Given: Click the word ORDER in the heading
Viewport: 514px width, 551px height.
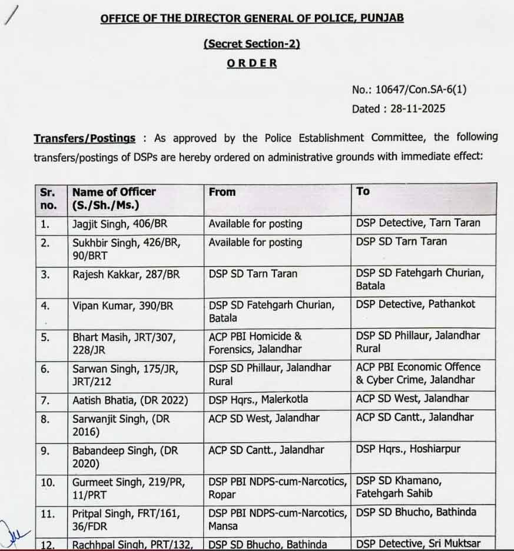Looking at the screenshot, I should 252,64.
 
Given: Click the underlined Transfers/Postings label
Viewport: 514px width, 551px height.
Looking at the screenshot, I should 84,139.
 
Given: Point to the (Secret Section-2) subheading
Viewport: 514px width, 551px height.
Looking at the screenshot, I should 251,44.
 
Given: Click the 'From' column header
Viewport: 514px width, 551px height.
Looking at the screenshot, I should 222,192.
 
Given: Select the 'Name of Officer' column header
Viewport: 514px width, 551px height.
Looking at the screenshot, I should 114,192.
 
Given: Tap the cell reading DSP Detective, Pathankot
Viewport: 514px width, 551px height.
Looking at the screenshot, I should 415,304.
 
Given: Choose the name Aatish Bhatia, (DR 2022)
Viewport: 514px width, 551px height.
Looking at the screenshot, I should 130,400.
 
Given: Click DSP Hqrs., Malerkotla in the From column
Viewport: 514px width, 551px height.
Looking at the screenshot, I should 258,400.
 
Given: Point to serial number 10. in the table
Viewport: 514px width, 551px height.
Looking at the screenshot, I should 48,482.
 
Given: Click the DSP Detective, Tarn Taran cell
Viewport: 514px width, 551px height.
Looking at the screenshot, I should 418,223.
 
